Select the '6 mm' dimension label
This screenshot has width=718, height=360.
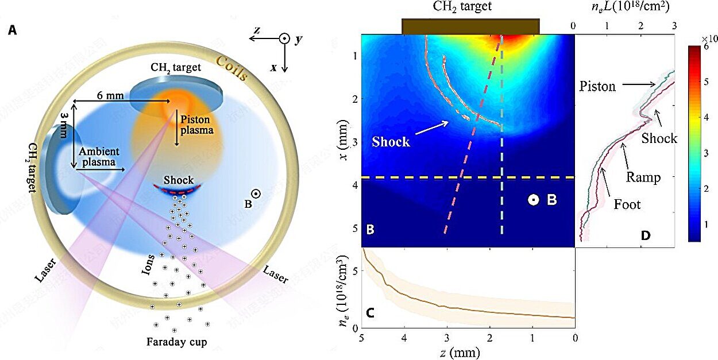coord(110,95)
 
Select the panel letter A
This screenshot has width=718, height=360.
coord(13,30)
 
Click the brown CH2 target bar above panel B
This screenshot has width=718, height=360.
coord(470,26)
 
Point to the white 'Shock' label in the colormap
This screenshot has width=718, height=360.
coord(391,141)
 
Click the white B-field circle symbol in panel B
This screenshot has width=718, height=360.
coord(534,200)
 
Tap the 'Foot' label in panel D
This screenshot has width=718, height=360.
coord(627,204)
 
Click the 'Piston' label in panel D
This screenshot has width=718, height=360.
coord(597,87)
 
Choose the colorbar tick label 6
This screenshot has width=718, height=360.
coord(705,49)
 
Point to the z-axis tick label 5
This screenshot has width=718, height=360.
coord(361,339)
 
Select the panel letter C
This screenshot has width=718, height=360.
coord(370,313)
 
